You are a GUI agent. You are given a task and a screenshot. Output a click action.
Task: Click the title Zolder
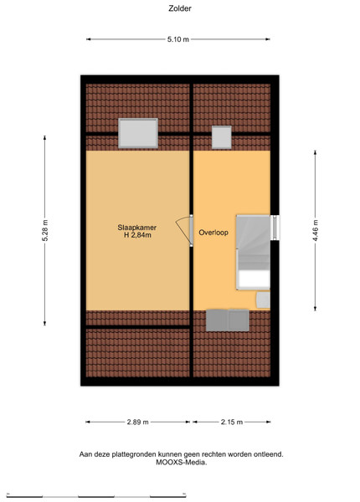[180, 8]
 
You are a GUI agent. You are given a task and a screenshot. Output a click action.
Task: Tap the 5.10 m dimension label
[178, 39]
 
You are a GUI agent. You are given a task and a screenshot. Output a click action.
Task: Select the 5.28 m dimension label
[44, 231]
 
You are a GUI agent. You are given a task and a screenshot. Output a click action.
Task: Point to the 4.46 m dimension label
[315, 231]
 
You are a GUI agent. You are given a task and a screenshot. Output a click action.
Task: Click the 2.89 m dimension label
[138, 422]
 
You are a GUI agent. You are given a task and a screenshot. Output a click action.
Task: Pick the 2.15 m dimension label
[232, 422]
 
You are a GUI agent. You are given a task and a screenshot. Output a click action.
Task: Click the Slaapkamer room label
[136, 228]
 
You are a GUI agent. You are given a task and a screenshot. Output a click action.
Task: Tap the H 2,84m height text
[138, 235]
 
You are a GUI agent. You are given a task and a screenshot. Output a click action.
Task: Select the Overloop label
[213, 233]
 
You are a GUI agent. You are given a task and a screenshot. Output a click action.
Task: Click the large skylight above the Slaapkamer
[138, 133]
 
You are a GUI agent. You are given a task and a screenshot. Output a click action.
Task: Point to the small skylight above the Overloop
[222, 137]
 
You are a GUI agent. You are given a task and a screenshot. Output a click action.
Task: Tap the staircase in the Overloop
[253, 253]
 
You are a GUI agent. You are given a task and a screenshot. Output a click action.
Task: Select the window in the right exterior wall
[275, 228]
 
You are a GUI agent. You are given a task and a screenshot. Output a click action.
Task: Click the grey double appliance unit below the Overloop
[228, 320]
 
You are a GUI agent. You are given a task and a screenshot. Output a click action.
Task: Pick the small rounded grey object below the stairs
[263, 300]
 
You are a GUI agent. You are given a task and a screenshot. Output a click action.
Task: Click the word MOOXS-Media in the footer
[182, 463]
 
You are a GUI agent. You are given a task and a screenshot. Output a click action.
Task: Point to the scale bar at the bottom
[96, 495]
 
